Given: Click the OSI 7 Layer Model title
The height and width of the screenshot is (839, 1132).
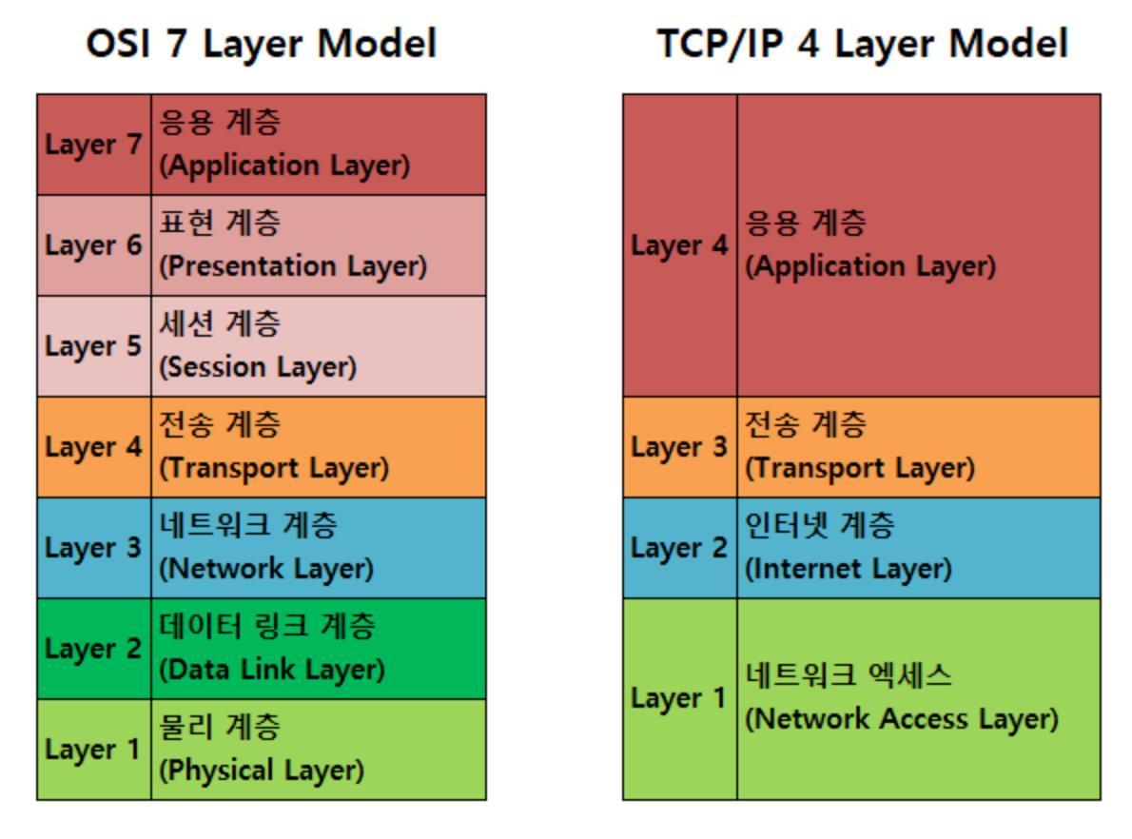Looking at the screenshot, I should tap(261, 44).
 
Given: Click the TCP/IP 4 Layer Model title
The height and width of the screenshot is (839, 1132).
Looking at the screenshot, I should tap(862, 44).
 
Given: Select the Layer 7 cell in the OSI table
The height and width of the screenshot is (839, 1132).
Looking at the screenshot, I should tap(93, 145).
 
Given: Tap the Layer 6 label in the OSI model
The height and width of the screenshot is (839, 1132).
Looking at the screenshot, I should tap(93, 245).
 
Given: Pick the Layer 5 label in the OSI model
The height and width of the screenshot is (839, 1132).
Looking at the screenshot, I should tap(93, 346).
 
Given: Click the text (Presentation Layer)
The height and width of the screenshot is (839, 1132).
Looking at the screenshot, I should tap(293, 266).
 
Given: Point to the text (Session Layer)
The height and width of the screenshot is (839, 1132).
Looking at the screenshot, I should tap(258, 367).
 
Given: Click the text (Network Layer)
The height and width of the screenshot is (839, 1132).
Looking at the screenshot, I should tap(266, 569).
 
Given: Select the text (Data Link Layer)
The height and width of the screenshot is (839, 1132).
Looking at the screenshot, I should tap(272, 670).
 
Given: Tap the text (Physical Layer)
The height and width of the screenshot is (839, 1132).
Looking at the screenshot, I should tap(262, 771).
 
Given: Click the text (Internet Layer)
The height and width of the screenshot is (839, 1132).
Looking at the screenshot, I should tap(849, 569).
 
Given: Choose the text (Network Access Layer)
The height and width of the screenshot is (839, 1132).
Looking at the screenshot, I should tap(902, 719).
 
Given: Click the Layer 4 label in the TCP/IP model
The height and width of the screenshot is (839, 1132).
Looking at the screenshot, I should tap(679, 245).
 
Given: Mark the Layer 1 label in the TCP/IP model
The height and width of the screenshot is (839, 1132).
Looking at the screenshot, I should tap(679, 698).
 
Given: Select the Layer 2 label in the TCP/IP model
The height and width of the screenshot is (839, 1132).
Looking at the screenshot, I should tap(679, 548).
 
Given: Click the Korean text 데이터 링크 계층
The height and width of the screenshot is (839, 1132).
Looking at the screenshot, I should tap(267, 627).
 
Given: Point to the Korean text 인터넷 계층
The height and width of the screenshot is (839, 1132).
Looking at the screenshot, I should tap(820, 526).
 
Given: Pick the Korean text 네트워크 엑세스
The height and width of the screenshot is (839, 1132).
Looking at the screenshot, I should tap(849, 676).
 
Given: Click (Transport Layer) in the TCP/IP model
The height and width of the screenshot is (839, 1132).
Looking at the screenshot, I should tap(860, 468).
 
